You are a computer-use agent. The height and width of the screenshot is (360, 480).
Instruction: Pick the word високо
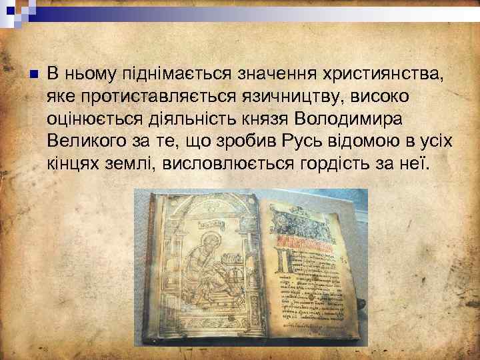pos(379,97)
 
